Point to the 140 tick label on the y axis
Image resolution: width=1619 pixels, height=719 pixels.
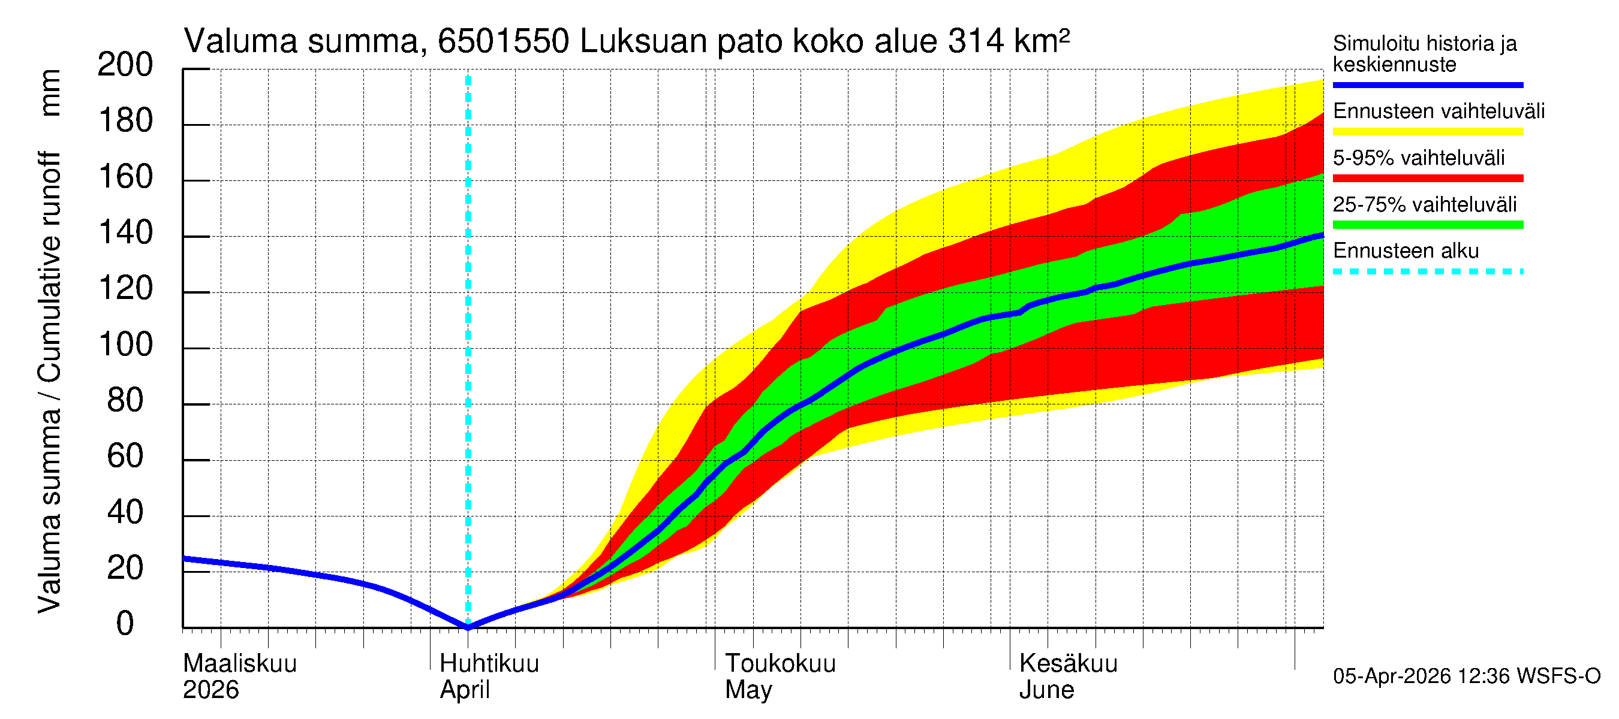coord(125,233)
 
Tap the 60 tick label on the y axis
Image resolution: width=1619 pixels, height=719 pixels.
coord(125,457)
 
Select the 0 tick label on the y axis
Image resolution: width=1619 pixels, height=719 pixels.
coord(125,624)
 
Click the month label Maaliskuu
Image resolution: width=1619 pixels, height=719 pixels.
coord(239,664)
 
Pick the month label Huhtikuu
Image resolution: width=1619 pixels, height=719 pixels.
coord(489,664)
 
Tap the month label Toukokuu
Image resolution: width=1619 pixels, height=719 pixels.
coord(780,664)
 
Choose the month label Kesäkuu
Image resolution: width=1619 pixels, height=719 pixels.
coord(1068,664)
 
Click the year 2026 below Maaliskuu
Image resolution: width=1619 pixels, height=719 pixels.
coord(210,690)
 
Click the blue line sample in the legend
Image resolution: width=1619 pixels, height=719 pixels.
coord(1427,84)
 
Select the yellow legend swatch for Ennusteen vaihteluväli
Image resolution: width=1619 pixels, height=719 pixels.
coord(1427,132)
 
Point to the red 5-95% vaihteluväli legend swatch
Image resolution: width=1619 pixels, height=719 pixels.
coord(1427,179)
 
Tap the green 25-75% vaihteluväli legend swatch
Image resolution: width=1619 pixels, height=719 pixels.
coord(1427,225)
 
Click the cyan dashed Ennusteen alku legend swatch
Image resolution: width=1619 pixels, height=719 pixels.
coord(1427,272)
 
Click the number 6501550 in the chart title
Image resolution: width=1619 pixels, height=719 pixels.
coord(504,41)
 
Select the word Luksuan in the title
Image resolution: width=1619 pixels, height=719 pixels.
coord(643,41)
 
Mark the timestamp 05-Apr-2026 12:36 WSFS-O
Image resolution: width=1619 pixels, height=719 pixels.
coord(1466,676)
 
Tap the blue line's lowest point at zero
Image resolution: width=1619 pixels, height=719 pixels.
coord(468,627)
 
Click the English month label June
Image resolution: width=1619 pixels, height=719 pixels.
coord(1046,690)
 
